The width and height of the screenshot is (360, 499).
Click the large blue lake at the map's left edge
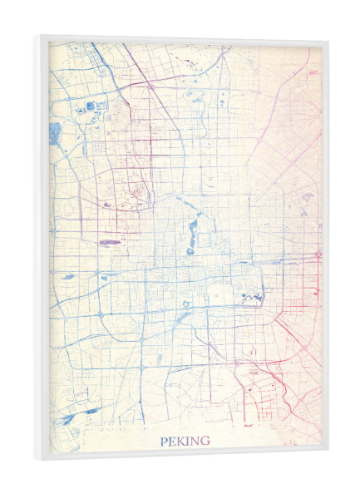pyautogui.click(x=55, y=133)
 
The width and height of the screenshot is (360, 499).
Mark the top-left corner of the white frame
pyautogui.click(x=36, y=35)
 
